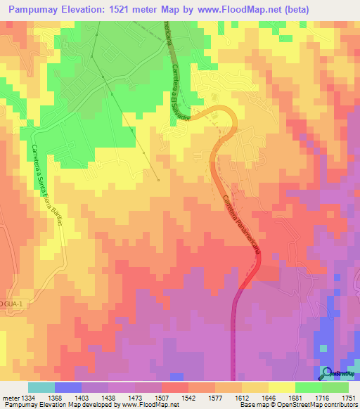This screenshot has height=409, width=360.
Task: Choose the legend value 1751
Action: [x=348, y=398]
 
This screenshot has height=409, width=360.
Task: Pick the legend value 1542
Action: [x=188, y=398]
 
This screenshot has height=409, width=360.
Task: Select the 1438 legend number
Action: [x=108, y=398]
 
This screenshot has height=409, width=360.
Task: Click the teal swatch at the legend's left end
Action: [x=41, y=388]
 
